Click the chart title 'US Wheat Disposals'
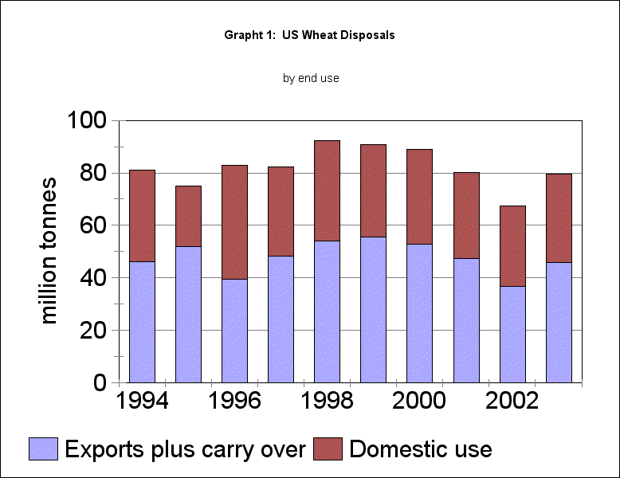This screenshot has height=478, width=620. pos(310,36)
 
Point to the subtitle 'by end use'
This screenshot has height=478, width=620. pos(311,78)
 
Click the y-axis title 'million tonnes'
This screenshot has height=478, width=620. pos(49,250)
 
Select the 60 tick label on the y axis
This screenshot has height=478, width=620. pos(94,225)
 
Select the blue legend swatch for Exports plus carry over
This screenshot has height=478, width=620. pos(43,449)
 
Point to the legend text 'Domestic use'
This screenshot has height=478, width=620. pos(421,449)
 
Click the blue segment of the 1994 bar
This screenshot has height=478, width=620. pos(142,322)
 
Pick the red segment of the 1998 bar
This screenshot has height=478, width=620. pos(327,190)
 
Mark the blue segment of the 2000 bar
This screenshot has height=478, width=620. pos(420,313)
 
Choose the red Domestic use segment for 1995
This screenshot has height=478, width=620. pos(188,216)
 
